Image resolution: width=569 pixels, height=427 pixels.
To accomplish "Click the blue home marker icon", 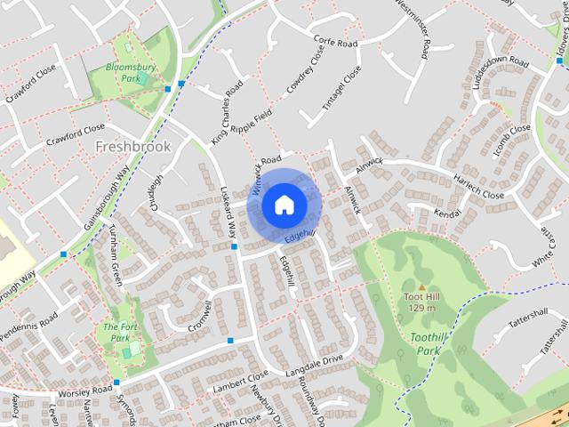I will (x=284, y=205).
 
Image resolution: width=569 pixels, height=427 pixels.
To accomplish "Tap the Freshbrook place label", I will (x=132, y=145).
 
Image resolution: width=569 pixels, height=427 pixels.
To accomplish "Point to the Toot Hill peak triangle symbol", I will (x=421, y=286).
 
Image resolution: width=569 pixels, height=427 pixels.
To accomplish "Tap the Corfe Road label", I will (x=335, y=42).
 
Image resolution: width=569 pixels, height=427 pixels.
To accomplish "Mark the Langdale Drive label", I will (x=314, y=364).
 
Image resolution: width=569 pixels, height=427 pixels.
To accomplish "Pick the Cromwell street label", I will (x=201, y=316).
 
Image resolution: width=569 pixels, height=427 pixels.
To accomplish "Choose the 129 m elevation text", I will (x=421, y=308).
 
